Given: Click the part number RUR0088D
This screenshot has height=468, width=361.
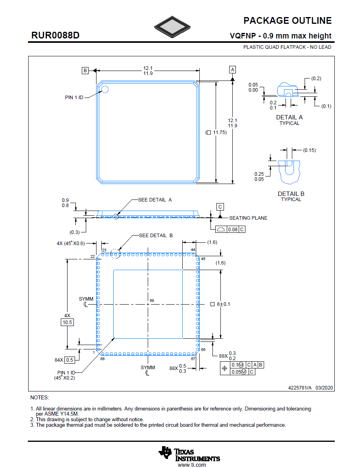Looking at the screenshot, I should point(56,36).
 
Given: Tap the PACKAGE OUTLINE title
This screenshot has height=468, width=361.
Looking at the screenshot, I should point(287,21).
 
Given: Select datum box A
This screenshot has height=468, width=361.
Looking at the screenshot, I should point(232,69).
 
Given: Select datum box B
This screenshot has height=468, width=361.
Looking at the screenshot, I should point(85,71).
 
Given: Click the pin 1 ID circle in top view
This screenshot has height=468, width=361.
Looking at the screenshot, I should point(105,89).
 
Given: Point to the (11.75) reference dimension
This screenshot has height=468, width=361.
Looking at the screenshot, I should point(216,132).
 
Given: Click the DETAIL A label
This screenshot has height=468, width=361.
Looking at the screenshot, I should point(289,117).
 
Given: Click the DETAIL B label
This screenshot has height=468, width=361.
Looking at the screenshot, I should point(291,194).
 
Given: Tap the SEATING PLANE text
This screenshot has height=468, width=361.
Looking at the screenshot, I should point(248,218).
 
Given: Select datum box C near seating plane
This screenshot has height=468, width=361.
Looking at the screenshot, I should point(220,207).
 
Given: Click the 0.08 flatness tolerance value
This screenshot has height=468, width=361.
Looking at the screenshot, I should point(233,230).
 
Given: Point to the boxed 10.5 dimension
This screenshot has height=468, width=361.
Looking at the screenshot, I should point(67,322).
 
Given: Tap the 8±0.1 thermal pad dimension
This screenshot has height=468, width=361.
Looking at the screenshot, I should point(223,304).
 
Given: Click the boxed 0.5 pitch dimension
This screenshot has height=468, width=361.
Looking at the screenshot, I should point(69,360).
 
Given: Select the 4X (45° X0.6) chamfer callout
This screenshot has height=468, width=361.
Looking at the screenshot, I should point(71,244).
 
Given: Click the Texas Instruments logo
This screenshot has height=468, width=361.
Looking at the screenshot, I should point(189,455).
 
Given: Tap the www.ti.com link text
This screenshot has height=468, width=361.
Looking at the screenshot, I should point(192,465).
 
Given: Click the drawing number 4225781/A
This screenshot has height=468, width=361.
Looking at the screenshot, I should point(300,387).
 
